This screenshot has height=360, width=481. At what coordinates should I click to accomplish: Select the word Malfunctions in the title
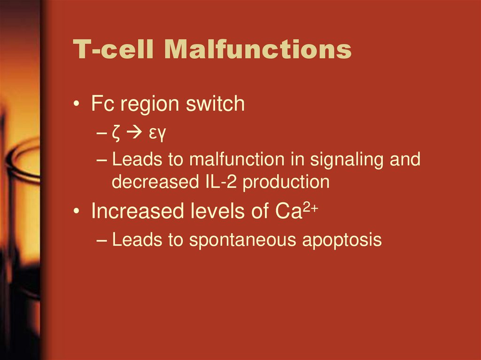click(x=258, y=50)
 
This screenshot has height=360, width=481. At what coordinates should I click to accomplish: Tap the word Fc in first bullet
click(x=103, y=104)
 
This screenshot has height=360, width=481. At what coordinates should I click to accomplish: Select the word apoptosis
click(x=341, y=241)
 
